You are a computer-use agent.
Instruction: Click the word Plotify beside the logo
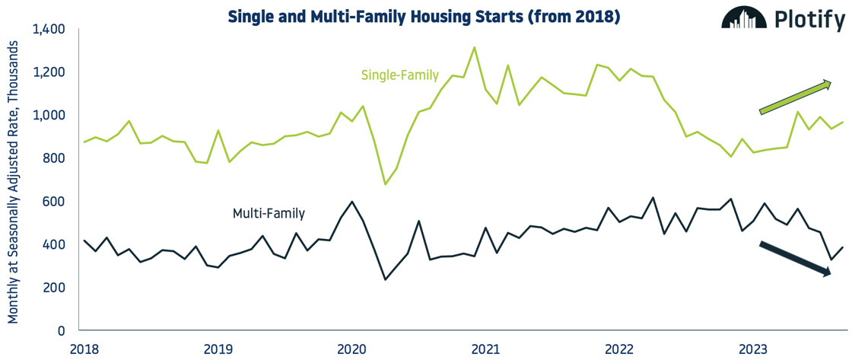tap(809, 20)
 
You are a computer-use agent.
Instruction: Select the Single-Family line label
tap(399, 75)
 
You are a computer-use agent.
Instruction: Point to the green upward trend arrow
tap(796, 97)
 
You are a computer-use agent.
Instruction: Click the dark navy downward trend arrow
tap(796, 259)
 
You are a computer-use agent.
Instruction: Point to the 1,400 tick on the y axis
tap(49, 30)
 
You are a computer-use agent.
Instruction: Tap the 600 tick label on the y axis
tap(56, 202)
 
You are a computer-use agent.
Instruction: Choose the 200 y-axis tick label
tap(56, 288)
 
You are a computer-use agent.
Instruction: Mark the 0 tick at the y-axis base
tap(62, 331)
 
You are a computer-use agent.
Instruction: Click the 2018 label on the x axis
tap(84, 349)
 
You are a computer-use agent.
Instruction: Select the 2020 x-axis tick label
tap(351, 349)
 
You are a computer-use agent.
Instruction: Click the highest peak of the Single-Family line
tap(474, 48)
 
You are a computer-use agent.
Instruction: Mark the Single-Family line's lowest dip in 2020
tap(385, 184)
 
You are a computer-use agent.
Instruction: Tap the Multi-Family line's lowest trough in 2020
tap(385, 279)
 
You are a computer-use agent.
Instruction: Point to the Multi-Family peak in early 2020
tap(351, 202)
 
